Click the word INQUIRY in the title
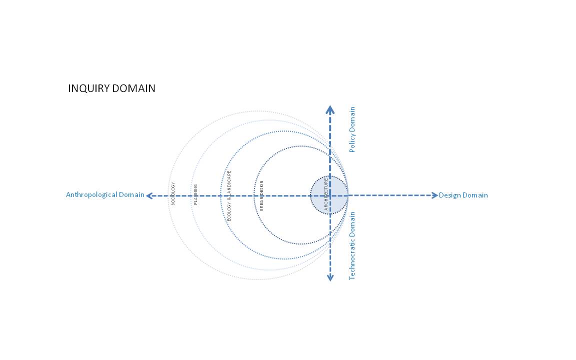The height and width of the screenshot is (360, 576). click(x=89, y=88)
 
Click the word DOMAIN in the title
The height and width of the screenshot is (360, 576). click(x=133, y=88)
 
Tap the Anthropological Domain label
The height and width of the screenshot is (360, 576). click(x=105, y=194)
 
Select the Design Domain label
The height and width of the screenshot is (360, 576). click(x=463, y=195)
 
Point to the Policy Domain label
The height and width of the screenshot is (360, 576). click(x=352, y=129)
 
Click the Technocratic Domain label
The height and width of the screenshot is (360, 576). click(x=352, y=246)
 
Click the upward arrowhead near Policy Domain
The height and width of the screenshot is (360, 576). click(x=330, y=109)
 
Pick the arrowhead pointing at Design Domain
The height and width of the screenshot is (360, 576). click(x=434, y=195)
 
